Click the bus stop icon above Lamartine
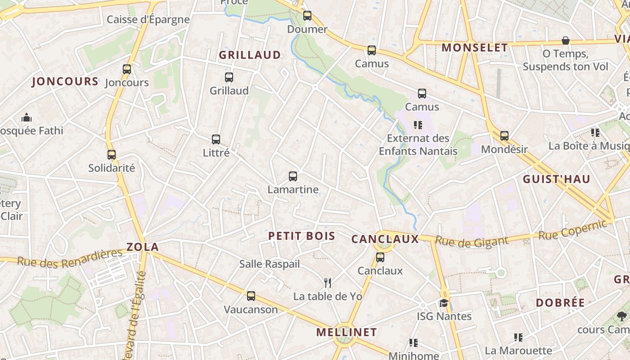(x=293, y=176)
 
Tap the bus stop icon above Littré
(x=216, y=139)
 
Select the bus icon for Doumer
(x=307, y=16)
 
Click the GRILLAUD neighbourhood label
(x=250, y=55)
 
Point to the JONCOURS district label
(x=65, y=81)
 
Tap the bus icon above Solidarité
(x=112, y=155)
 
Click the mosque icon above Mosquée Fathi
(x=27, y=118)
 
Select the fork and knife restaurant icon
(x=328, y=283)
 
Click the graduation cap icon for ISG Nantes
(x=444, y=303)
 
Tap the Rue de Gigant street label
(x=472, y=242)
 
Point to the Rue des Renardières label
(x=70, y=257)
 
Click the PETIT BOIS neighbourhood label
(x=301, y=236)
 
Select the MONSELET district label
(x=475, y=48)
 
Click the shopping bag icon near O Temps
(x=566, y=41)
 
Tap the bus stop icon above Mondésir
(x=504, y=135)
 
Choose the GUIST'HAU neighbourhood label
(x=556, y=179)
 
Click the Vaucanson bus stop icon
(x=251, y=296)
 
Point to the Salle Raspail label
(x=269, y=264)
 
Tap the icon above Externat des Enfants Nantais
(x=418, y=125)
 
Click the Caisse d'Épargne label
(x=148, y=20)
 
